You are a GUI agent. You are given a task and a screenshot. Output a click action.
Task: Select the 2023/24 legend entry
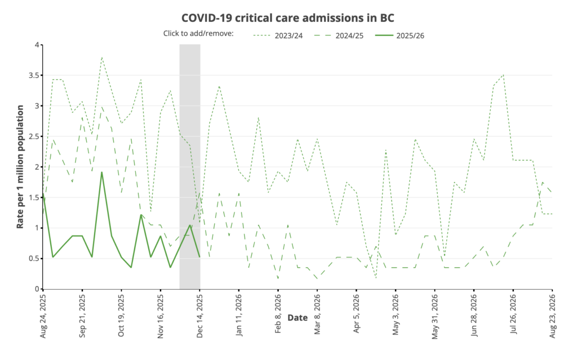(287, 35)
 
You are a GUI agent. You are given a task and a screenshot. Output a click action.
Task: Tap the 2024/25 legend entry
(349, 35)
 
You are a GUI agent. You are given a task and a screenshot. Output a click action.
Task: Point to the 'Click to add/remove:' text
(198, 34)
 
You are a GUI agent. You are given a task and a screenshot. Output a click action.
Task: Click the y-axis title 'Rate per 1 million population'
(20, 167)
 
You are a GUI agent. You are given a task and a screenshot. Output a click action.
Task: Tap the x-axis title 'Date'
(298, 318)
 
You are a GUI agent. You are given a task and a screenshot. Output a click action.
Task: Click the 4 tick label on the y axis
(36, 45)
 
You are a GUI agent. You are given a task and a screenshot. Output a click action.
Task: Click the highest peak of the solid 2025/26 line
(102, 172)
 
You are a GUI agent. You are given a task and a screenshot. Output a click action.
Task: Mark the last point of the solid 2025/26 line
(200, 257)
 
